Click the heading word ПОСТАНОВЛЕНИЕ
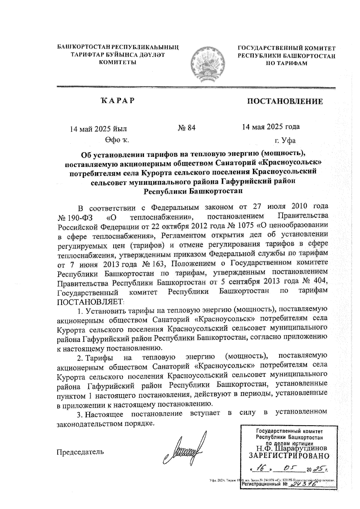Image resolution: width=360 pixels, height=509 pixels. click(x=285, y=101)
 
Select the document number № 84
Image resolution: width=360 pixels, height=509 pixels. click(x=187, y=128)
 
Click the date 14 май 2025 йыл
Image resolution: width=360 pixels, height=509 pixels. click(x=98, y=129)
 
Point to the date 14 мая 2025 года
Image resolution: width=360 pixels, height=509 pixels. click(x=271, y=127)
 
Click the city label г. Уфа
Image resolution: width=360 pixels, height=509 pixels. click(x=285, y=140)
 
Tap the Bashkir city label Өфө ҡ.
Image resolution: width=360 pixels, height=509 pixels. click(x=117, y=140)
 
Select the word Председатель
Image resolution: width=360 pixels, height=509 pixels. click(x=80, y=452)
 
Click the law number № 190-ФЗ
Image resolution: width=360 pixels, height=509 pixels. click(x=73, y=217)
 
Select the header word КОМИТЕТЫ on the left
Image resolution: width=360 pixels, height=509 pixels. click(x=118, y=62)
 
